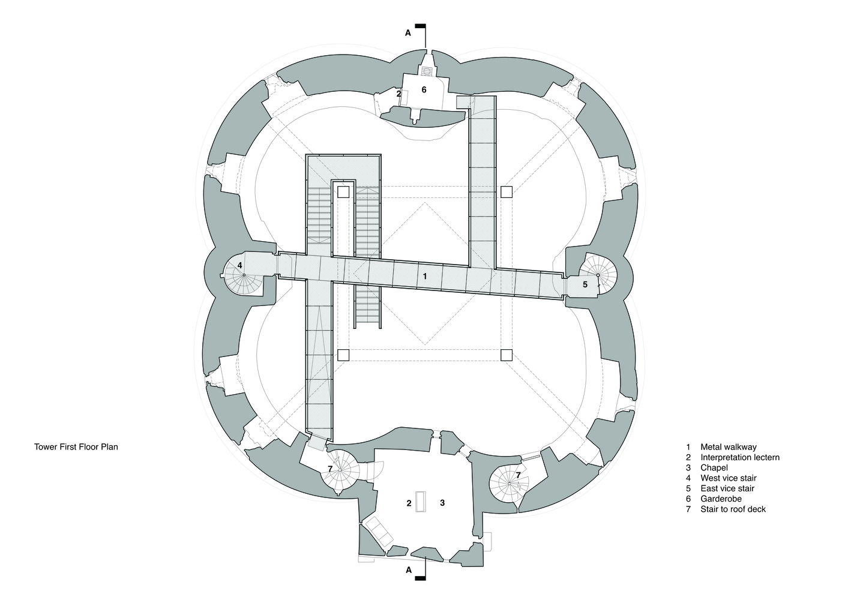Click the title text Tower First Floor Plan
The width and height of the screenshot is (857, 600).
point(76,447)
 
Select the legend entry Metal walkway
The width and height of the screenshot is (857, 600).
point(729,447)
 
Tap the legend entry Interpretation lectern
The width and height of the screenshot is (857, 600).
point(740,457)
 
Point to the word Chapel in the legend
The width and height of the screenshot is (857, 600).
point(714,467)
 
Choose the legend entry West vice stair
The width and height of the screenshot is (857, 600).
point(729,478)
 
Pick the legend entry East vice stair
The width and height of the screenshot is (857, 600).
point(727,488)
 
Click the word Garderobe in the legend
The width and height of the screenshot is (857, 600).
point(721,499)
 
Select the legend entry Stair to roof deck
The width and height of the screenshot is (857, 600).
point(733,509)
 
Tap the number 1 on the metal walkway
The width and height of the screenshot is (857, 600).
point(425,276)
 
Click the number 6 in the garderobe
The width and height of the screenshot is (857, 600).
point(424,90)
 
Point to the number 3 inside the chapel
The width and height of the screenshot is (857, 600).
point(442,503)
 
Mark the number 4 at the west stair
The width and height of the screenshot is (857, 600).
point(240,265)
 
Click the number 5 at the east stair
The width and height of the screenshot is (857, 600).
point(585,284)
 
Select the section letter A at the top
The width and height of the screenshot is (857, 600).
point(408,33)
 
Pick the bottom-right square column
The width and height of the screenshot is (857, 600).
point(507,355)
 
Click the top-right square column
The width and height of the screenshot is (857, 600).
point(507,192)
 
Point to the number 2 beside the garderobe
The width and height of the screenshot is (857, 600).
point(398,94)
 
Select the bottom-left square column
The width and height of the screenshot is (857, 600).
point(343,355)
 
